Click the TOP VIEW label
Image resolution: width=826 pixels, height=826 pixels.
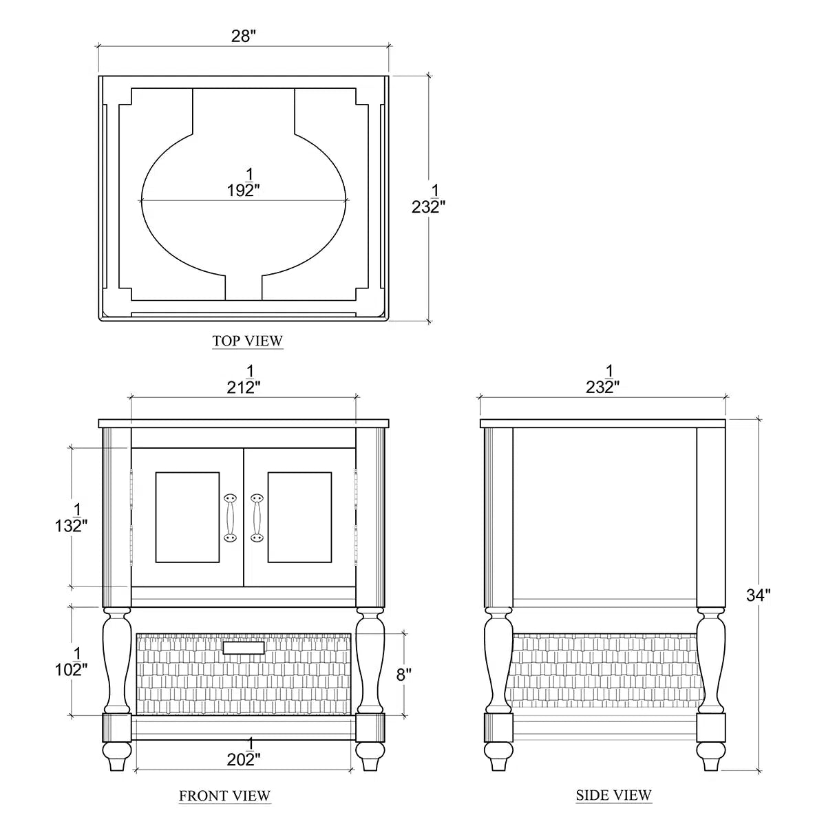247,341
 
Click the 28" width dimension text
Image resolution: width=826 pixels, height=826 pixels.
244,36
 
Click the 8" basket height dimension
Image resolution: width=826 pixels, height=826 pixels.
404,675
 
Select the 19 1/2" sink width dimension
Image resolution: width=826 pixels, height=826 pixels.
244,183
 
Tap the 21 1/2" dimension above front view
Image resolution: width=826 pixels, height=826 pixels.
244,380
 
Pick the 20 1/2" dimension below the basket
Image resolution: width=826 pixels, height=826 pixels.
244,752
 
